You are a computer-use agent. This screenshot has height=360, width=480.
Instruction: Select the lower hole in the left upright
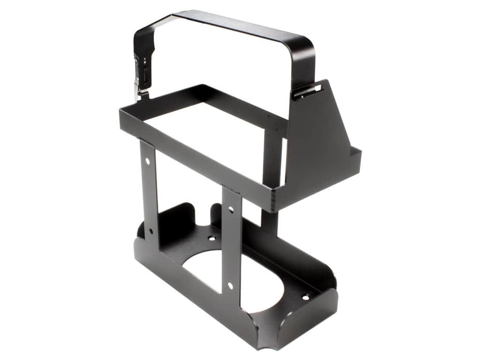(151, 231)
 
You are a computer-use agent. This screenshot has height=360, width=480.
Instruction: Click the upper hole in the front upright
(230, 210)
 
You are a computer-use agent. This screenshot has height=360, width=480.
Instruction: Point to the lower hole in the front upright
(231, 285)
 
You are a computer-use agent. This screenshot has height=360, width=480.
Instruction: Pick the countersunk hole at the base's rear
(212, 238)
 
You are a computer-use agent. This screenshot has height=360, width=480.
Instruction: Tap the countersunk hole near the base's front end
(305, 297)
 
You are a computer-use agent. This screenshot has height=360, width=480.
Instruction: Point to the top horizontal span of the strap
(239, 26)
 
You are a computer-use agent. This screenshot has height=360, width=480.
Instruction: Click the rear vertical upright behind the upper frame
(272, 155)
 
